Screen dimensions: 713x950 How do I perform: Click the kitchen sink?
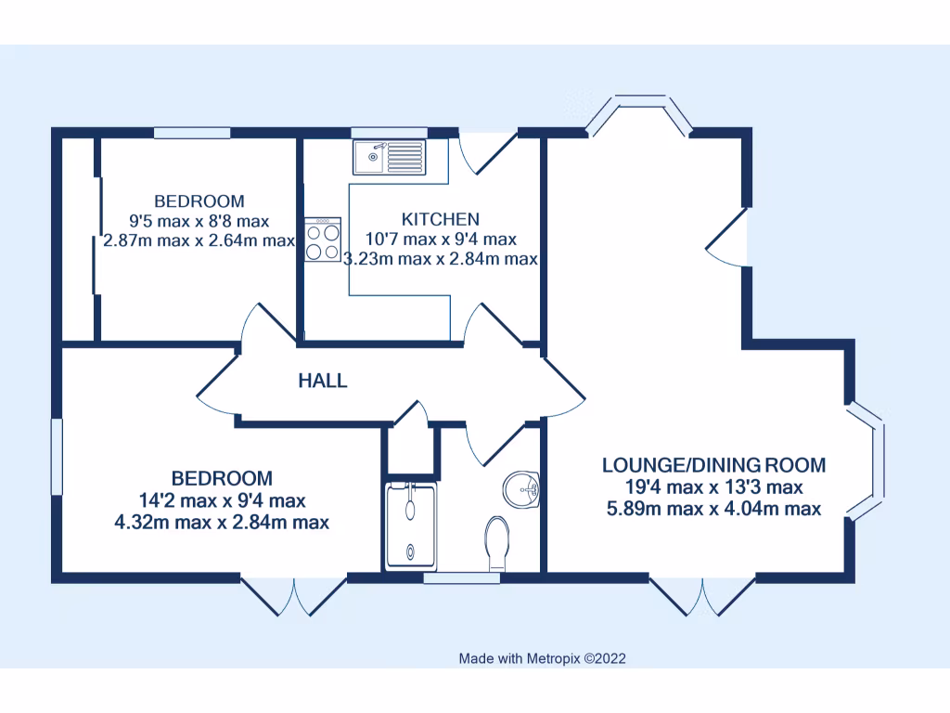[389, 156]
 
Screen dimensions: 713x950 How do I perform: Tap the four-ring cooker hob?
[322, 240]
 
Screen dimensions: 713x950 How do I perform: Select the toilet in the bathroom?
[497, 543]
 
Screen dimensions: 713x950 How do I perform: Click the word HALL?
[323, 381]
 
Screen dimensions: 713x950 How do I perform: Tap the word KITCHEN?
[440, 219]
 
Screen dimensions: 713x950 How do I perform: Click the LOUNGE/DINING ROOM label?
[713, 465]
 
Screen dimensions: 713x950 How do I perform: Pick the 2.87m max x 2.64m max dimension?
[199, 240]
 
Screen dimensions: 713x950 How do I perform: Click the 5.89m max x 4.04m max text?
[713, 508]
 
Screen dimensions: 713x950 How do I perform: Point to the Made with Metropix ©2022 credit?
[543, 658]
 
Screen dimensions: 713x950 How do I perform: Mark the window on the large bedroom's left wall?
[57, 457]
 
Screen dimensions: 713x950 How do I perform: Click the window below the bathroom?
[461, 578]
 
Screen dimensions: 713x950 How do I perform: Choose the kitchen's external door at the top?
[489, 149]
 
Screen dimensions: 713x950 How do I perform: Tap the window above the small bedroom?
[192, 133]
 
